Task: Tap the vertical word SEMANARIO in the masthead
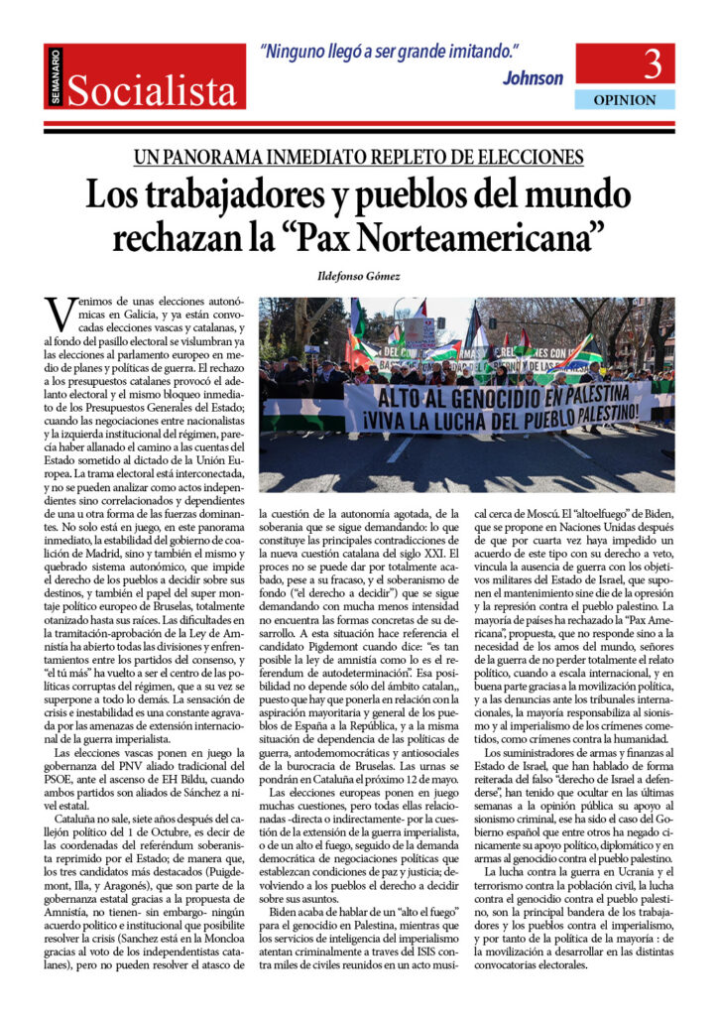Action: click(56, 79)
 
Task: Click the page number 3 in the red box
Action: click(653, 65)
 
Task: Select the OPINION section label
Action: click(625, 100)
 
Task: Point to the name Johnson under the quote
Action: click(533, 78)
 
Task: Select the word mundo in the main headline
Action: click(579, 193)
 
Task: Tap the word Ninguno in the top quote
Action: click(299, 54)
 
